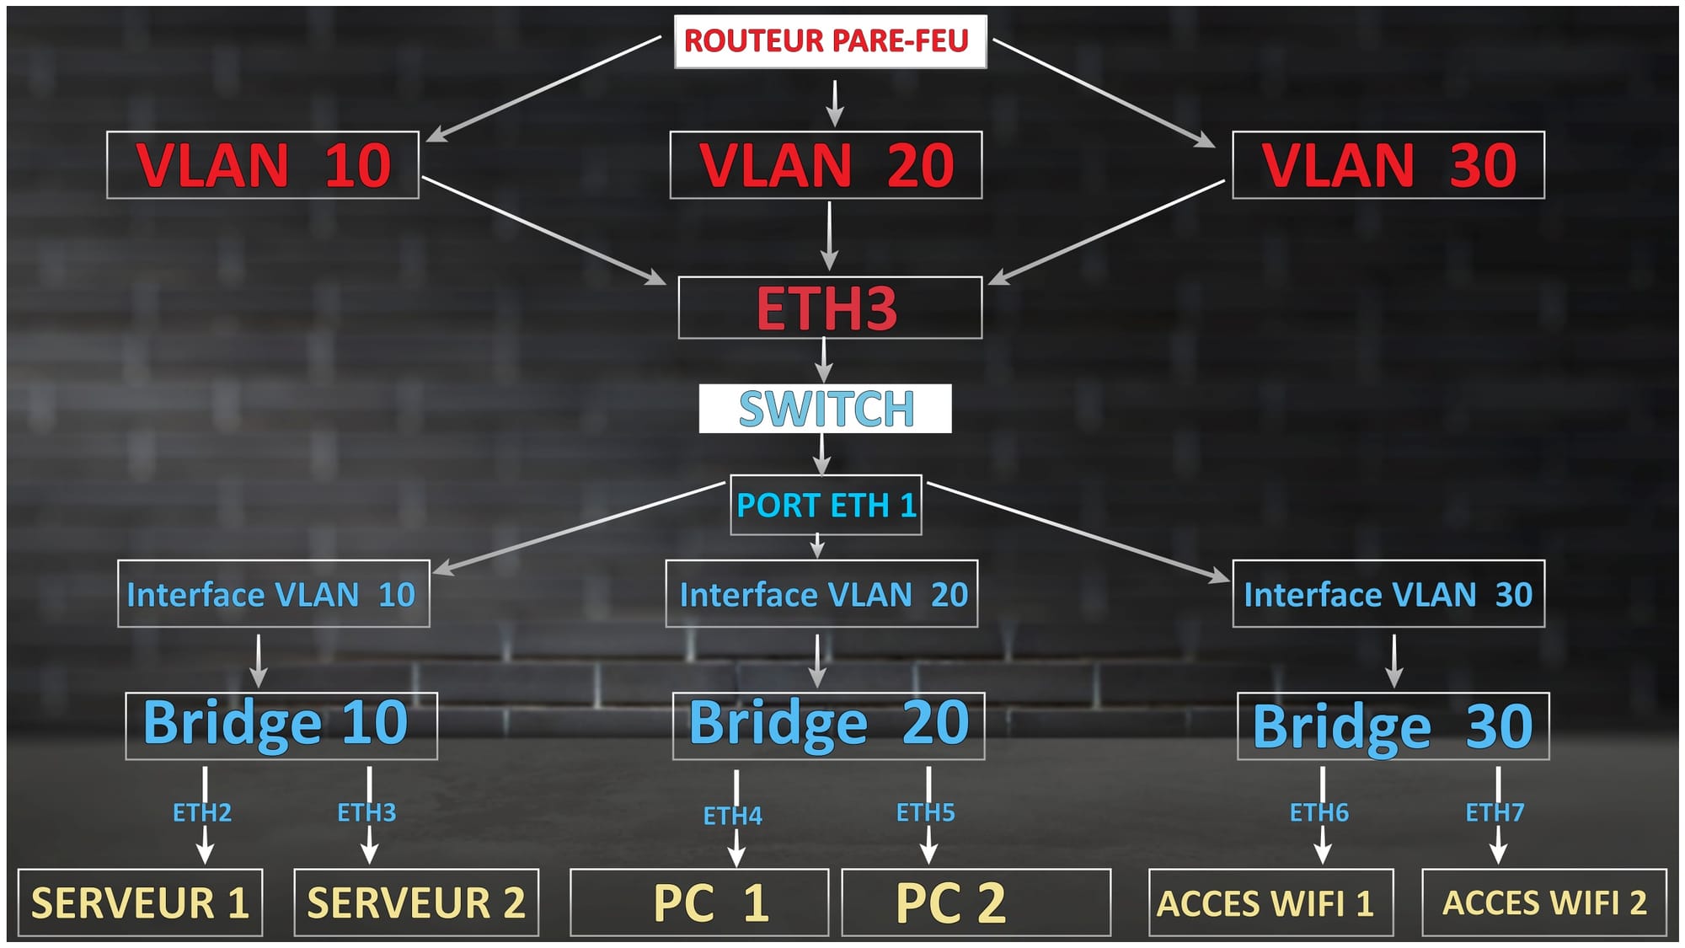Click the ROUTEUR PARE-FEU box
[x=830, y=40]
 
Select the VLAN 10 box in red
[x=263, y=165]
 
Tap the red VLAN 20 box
[x=826, y=165]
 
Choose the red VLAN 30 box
[x=1388, y=165]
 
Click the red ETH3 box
[x=830, y=308]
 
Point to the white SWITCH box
[x=826, y=409]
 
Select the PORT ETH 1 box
[x=826, y=505]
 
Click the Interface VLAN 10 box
[x=273, y=594]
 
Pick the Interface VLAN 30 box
[x=1388, y=594]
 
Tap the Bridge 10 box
[x=281, y=726]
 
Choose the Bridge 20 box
[x=828, y=726]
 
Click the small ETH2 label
[x=202, y=812]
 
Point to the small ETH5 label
[x=925, y=812]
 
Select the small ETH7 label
[x=1495, y=812]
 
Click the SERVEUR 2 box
[x=416, y=902]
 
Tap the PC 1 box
[x=699, y=902]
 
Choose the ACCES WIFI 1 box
[x=1270, y=902]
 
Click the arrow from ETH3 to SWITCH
[x=824, y=361]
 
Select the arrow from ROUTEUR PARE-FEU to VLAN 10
[x=544, y=88]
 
